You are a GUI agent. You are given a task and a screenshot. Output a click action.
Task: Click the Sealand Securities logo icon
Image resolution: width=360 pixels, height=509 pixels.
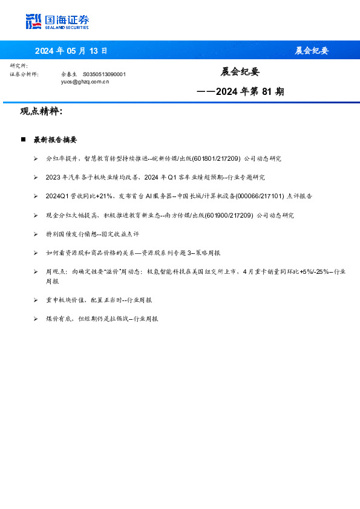coord(33,21)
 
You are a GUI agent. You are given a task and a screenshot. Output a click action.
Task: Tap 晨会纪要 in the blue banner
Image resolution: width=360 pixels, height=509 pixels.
coord(312,50)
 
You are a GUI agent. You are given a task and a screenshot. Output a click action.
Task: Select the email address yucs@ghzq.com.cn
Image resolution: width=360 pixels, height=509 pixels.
coord(85,80)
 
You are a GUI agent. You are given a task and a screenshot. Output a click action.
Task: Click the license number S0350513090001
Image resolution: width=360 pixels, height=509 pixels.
coord(104,74)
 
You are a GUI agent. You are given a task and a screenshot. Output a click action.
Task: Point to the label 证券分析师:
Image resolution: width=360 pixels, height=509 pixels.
coord(24,74)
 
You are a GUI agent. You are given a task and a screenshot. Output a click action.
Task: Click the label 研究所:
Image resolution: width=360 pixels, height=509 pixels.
coord(18,66)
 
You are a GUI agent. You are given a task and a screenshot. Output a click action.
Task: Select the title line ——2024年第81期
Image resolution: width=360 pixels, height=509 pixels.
coord(240,92)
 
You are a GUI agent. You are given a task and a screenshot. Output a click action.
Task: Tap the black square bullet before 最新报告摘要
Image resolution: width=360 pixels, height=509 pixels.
coord(22,140)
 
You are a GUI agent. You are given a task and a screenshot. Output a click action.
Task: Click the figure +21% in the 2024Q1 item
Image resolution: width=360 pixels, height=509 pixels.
coord(102,196)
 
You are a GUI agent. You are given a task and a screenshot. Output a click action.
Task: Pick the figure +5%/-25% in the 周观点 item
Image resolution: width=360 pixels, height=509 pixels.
coord(313,271)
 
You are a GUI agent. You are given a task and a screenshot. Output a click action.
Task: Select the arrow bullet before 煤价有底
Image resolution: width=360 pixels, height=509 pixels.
coord(36,319)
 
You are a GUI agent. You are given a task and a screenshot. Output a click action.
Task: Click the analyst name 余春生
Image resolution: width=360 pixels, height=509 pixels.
coord(69,74)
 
